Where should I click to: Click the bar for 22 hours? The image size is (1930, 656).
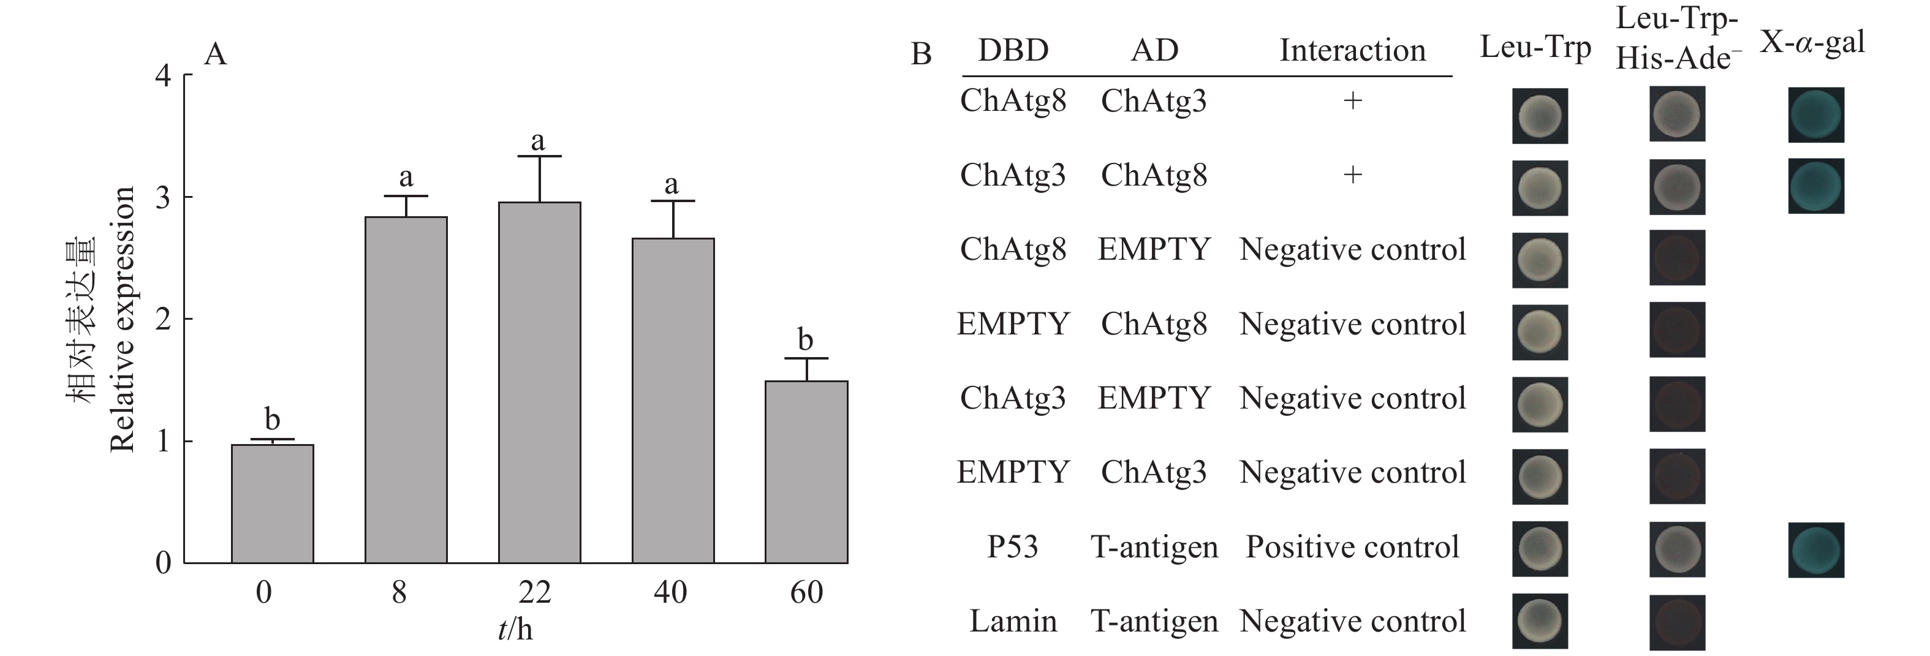539,382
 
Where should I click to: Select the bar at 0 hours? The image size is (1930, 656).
272,503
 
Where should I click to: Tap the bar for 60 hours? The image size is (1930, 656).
806,472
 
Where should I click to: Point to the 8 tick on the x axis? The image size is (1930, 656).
399,592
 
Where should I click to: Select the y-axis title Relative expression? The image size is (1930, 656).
122,319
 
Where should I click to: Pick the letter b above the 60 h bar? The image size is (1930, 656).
806,340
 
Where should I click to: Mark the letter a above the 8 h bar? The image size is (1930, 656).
406,178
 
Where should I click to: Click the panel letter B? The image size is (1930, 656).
921,54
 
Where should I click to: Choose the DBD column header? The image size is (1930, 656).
1013,50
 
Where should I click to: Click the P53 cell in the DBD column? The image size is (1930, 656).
1013,546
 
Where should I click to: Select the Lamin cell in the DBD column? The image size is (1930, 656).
1013,622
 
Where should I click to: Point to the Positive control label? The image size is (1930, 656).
1352,546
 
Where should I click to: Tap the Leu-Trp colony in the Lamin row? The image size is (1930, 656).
1540,621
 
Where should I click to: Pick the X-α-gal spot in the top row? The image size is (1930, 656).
1816,115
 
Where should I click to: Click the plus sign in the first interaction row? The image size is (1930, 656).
1352,100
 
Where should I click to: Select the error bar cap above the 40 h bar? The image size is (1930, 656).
673,201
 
